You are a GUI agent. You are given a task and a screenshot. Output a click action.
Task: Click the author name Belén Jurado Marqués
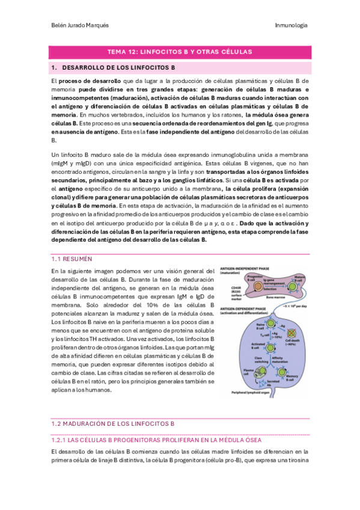(x=78, y=25)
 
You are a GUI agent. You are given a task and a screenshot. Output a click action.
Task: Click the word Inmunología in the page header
(x=291, y=25)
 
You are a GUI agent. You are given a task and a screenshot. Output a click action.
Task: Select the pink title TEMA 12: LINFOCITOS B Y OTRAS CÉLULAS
(x=179, y=52)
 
